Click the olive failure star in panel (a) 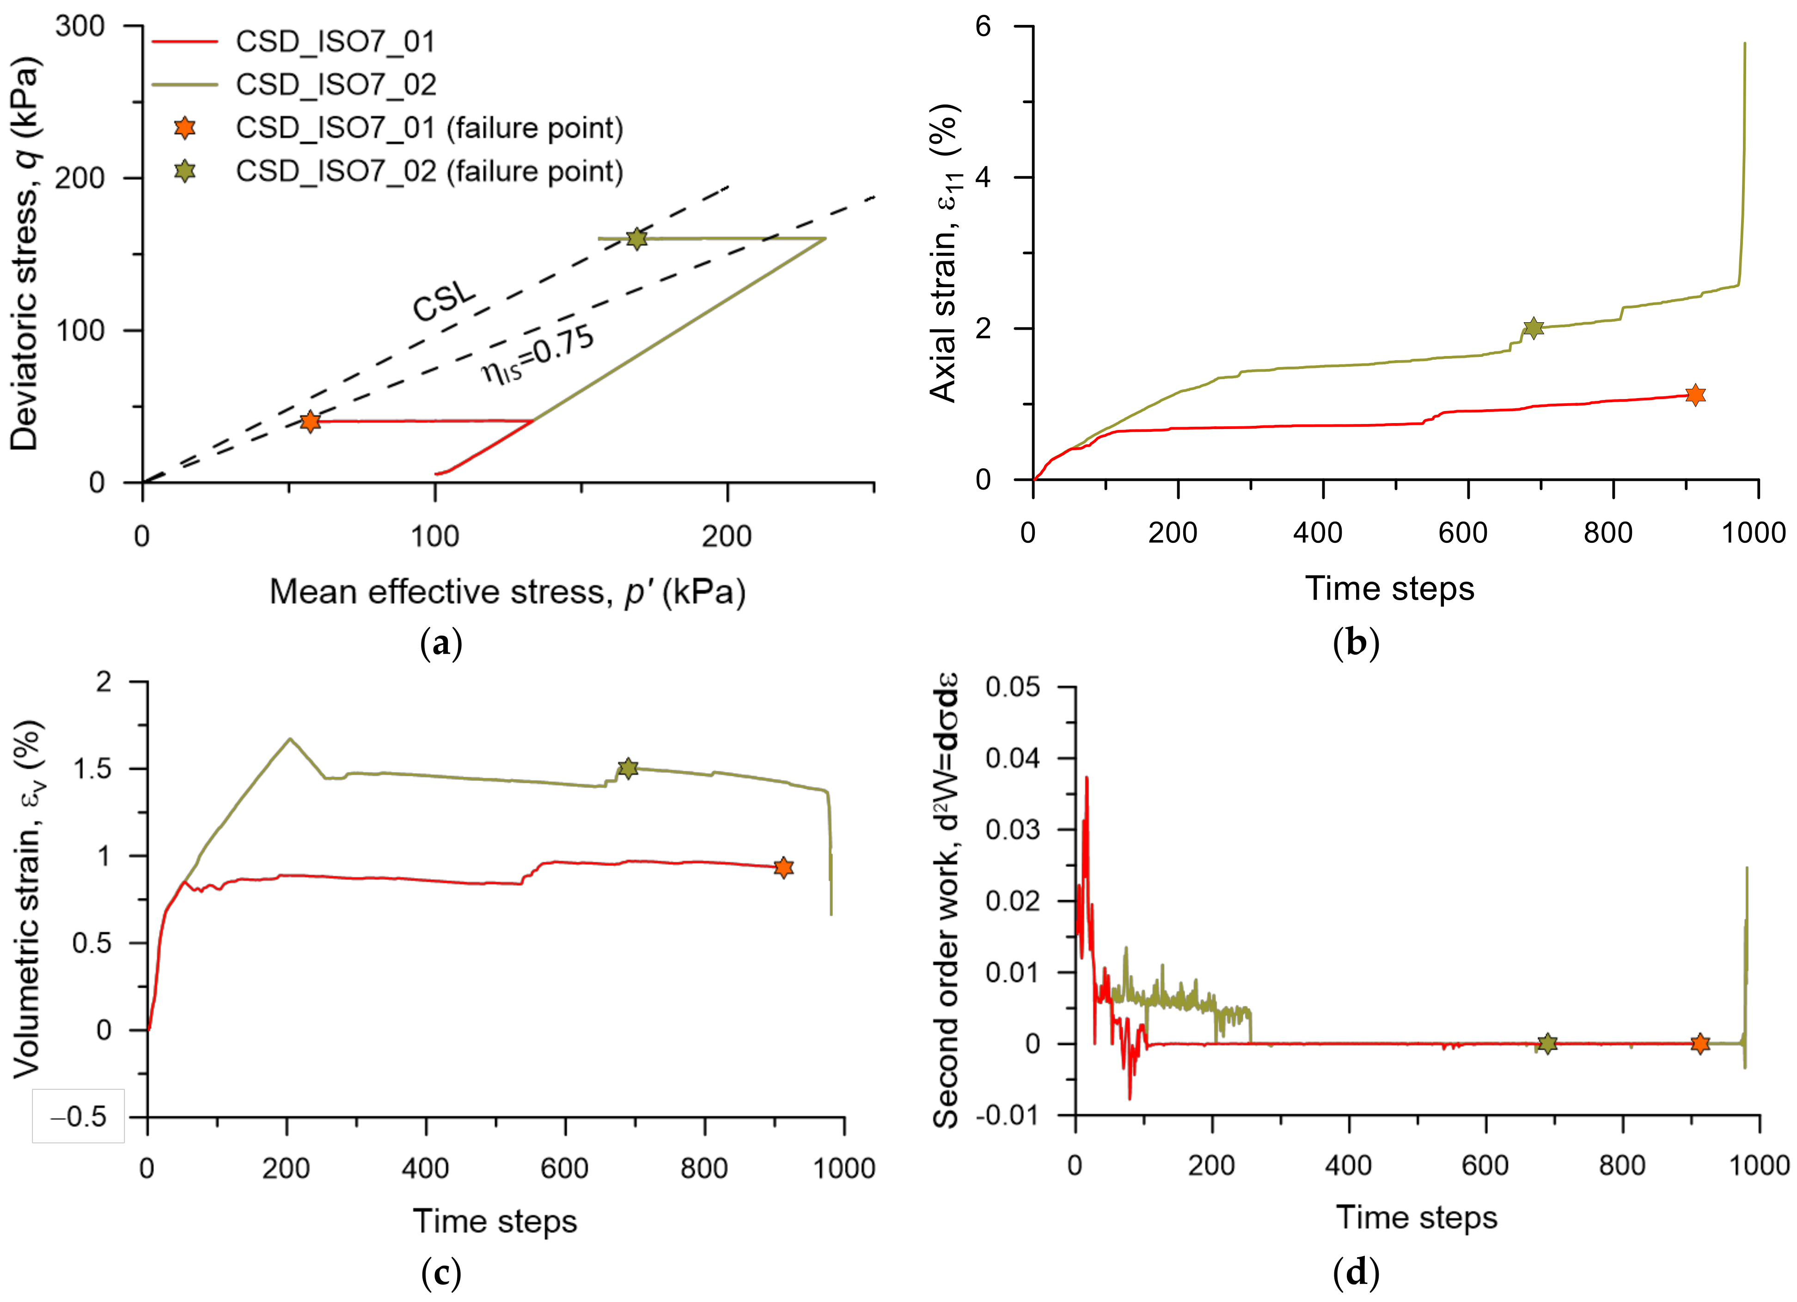pos(636,239)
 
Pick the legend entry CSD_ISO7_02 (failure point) pos(428,171)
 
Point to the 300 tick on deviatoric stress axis pos(80,26)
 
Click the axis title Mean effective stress pos(507,591)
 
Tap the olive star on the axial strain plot pos(1533,327)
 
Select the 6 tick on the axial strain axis pos(983,26)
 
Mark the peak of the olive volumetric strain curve pos(290,738)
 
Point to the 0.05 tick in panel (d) pos(1013,686)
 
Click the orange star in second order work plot pos(1699,1044)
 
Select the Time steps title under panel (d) pos(1417,1216)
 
